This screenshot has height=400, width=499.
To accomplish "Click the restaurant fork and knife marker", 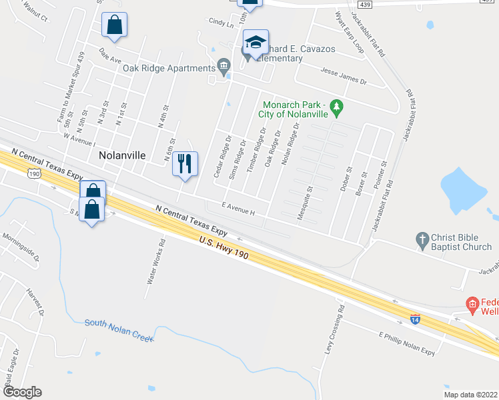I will (185, 162).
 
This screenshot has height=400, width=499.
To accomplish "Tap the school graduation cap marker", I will (255, 43).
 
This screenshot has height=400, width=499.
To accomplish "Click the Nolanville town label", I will (122, 155).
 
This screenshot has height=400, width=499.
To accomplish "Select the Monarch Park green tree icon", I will (337, 107).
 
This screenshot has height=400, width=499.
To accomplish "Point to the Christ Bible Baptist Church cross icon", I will (422, 239).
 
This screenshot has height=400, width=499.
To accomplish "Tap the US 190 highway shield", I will (33, 173).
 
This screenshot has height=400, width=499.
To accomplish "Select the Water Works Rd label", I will (155, 261).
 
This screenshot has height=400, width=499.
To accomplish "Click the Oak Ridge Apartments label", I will (168, 68).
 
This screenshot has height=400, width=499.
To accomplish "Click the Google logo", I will (21, 392).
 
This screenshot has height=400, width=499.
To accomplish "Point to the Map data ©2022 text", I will (470, 394).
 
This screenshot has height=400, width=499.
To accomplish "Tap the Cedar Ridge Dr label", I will (221, 158).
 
